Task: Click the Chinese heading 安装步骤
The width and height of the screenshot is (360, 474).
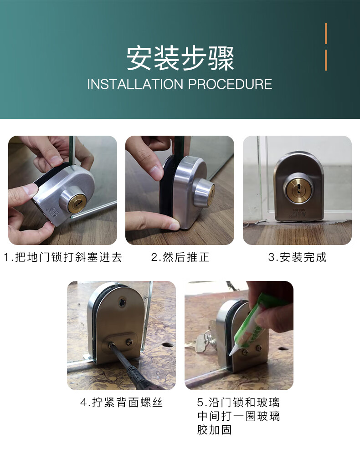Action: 180,59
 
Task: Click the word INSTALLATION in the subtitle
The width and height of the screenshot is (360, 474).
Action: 135,84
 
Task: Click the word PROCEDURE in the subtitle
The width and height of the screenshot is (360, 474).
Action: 230,84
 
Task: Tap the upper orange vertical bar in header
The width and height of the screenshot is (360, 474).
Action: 326,34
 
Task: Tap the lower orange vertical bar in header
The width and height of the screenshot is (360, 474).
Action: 326,60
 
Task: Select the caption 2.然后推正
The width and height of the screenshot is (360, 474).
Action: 180,257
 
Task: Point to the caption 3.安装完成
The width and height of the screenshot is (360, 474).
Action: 297,257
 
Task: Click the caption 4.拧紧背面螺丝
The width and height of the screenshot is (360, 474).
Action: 121,403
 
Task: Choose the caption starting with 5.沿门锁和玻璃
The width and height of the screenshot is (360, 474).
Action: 238,403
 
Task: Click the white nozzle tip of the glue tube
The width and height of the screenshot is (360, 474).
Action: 234,351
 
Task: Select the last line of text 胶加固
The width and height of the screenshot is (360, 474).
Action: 214,429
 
